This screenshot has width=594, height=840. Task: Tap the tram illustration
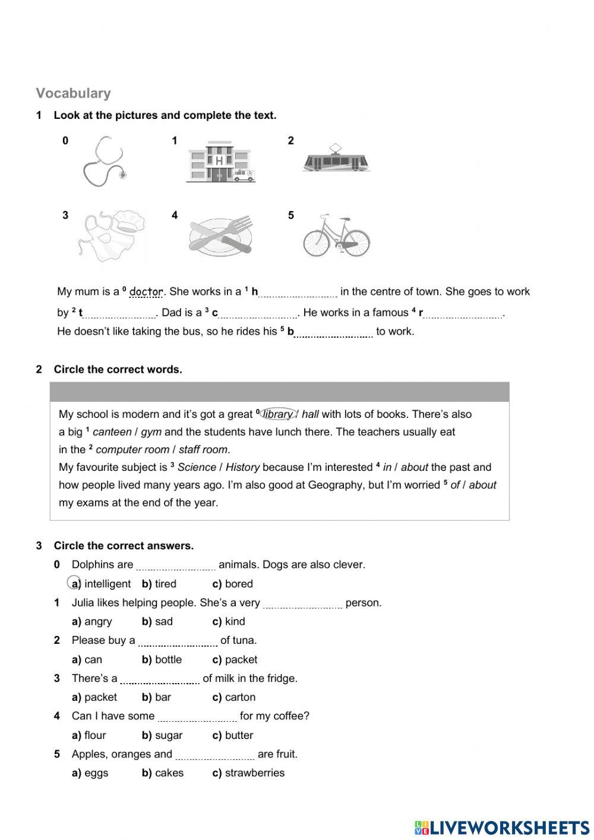[x=336, y=159]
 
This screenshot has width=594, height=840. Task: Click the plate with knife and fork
[x=220, y=237]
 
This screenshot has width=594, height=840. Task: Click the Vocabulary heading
[x=73, y=93]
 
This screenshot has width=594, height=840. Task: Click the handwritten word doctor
[x=146, y=291]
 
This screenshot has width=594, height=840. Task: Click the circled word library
[x=277, y=414]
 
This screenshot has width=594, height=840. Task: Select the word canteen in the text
[x=112, y=432]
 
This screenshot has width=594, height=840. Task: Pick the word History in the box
[x=242, y=468]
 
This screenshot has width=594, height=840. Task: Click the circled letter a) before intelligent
[x=75, y=584]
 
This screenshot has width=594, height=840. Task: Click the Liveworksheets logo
[x=502, y=828]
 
